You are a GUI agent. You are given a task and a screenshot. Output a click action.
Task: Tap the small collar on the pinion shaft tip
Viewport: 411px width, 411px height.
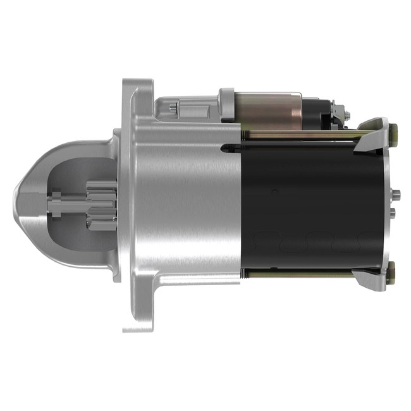point(56,205)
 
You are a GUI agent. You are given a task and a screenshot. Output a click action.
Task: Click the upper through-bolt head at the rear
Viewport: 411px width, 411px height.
point(393,133)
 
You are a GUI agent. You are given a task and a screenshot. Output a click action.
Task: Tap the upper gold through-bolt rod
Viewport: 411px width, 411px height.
point(297,135)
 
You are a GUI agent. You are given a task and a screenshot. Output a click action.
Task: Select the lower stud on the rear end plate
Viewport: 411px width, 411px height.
point(395,213)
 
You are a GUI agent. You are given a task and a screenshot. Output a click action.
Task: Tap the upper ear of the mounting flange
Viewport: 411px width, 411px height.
point(139,95)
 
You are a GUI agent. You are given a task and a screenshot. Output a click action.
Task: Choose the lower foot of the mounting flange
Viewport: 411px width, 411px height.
point(139,316)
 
